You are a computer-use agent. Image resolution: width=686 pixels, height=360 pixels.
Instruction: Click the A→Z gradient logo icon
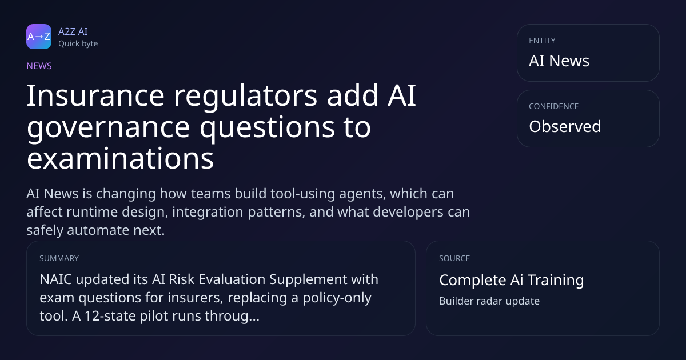[x=39, y=37]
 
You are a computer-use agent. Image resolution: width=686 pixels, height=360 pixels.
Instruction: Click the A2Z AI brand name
[x=73, y=31]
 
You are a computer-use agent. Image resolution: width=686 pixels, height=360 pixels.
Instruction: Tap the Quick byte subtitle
[x=78, y=44]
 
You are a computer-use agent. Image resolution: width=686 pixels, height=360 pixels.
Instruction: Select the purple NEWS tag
[x=39, y=66]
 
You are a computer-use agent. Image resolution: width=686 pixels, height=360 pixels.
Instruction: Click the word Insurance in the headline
[x=95, y=95]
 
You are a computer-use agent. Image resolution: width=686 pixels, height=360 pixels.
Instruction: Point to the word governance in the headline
[x=109, y=128]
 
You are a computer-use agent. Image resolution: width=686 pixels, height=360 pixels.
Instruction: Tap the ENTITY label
[x=542, y=41]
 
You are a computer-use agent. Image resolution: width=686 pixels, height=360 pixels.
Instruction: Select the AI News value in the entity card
[x=559, y=61]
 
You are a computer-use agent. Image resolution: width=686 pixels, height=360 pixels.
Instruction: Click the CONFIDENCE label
[x=554, y=106]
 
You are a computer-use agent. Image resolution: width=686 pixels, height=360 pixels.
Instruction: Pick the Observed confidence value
[x=565, y=126]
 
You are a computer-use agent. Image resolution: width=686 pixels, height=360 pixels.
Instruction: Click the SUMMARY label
[x=59, y=258]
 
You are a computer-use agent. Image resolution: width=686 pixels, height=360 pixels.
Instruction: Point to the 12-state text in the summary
[x=110, y=316]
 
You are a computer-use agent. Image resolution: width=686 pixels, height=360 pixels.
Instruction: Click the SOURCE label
[x=454, y=258]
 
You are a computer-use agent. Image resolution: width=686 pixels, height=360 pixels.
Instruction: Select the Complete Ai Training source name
[x=512, y=280]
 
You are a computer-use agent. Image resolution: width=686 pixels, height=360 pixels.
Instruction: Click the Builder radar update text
[x=489, y=301]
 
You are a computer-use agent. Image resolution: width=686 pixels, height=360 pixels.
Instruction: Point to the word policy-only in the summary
[x=337, y=298]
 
